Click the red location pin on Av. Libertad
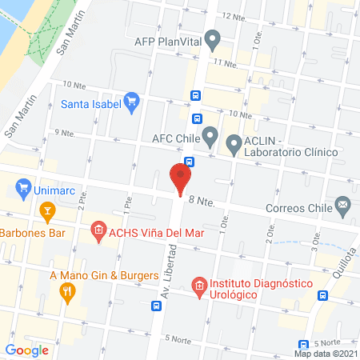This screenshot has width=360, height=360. (x=182, y=177)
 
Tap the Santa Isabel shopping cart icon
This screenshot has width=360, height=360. (x=133, y=102)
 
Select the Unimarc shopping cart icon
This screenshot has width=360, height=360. (x=23, y=191)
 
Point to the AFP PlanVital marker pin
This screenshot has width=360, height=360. (x=212, y=38)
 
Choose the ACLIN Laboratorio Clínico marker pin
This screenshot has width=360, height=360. (x=234, y=144)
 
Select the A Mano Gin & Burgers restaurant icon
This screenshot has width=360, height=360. (x=66, y=291)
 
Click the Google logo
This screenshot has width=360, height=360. (x=27, y=350)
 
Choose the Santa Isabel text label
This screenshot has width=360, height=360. (x=91, y=103)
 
